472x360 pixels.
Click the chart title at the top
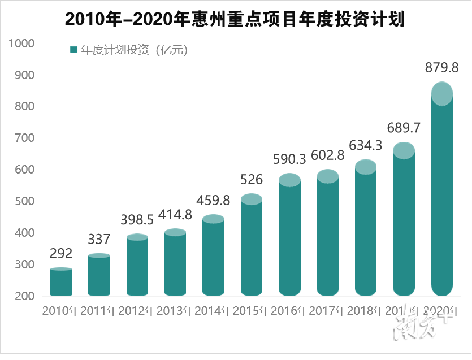click(x=235, y=19)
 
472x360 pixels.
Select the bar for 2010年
click(x=61, y=283)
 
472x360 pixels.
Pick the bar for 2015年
click(x=252, y=249)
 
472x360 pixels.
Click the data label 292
click(x=61, y=254)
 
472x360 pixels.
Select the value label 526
click(x=252, y=180)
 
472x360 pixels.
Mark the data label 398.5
click(x=137, y=219)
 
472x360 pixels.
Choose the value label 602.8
click(x=328, y=156)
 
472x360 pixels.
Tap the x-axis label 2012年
click(x=137, y=310)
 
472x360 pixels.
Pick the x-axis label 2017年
click(x=328, y=310)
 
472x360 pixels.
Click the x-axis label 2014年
click(x=214, y=310)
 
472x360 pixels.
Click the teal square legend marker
click(x=73, y=50)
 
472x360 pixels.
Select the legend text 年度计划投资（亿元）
click(x=134, y=50)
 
